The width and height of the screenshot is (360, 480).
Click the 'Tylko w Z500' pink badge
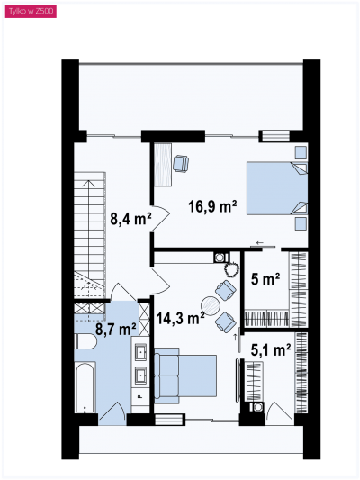click(31, 12)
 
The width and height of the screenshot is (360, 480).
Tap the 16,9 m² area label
click(212, 206)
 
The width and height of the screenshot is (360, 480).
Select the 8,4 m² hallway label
click(130, 219)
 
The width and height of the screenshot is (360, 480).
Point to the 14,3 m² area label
click(181, 318)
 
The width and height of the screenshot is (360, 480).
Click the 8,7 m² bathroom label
click(116, 330)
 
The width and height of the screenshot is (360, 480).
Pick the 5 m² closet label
click(265, 279)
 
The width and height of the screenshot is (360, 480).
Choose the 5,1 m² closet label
click(271, 350)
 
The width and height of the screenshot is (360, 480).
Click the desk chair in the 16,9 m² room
click(181, 164)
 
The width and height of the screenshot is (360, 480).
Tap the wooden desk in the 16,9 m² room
click(162, 165)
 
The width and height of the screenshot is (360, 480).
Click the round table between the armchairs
click(211, 305)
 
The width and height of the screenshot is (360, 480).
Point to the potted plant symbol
click(231, 269)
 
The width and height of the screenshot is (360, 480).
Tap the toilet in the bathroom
click(85, 341)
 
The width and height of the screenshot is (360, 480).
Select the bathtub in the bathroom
click(85, 387)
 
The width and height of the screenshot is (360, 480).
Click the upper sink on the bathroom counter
click(140, 353)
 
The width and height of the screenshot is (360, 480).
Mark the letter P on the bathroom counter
click(140, 397)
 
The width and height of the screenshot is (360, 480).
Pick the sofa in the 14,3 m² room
click(166, 376)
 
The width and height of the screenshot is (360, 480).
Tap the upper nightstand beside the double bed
click(301, 152)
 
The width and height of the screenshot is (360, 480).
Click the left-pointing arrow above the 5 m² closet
click(259, 243)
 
